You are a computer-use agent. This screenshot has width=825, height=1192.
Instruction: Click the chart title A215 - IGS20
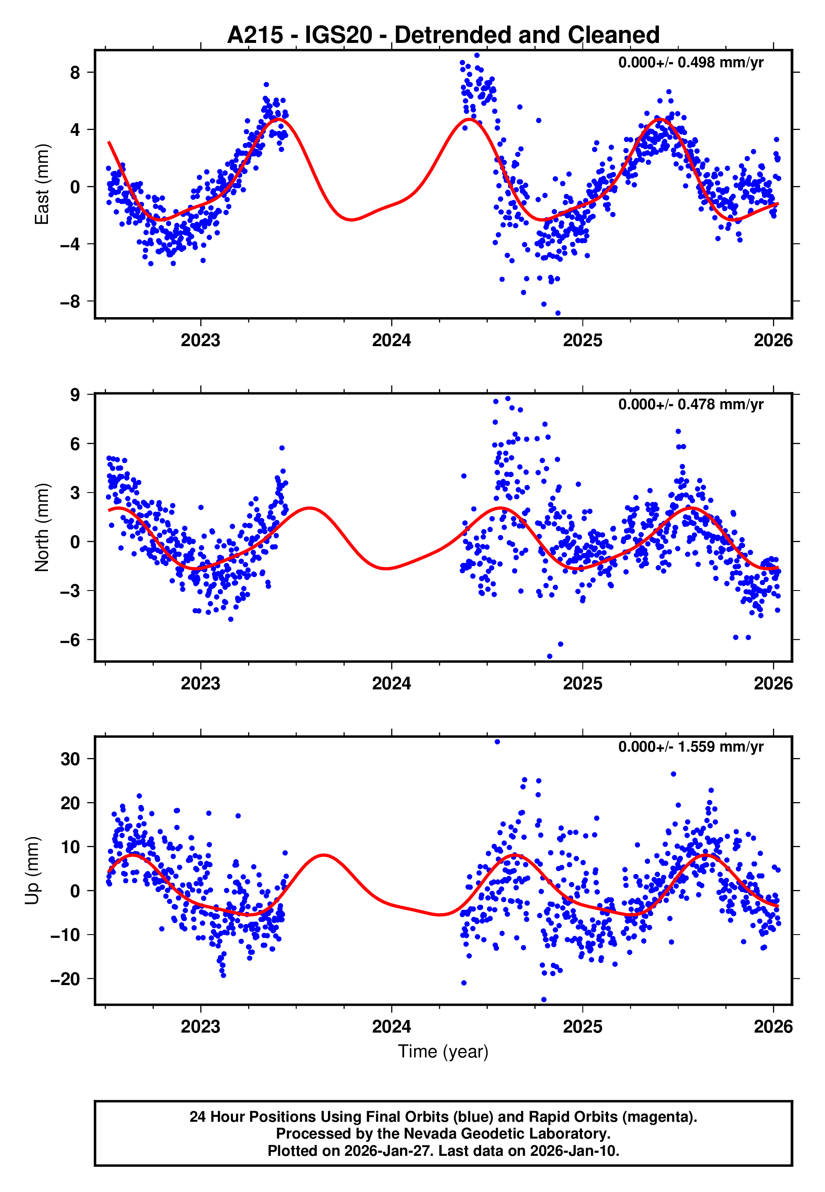443,35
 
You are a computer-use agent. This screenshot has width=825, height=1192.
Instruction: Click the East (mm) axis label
41,185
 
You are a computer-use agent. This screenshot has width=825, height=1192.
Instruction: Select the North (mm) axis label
41,527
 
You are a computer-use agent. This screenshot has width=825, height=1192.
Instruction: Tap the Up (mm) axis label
32,871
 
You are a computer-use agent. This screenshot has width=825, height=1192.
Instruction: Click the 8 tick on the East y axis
75,72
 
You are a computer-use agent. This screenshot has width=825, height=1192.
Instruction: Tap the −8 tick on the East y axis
70,301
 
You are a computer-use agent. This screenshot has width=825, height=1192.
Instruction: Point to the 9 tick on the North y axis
75,395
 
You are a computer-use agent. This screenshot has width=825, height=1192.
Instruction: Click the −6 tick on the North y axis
70,640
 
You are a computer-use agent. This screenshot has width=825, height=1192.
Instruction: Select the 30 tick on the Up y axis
70,759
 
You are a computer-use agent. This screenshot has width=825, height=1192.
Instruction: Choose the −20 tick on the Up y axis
65,978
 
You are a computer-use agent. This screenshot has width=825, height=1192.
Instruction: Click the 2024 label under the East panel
391,340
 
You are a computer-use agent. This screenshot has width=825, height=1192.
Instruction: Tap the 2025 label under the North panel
582,683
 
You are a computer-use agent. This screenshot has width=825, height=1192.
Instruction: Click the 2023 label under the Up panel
201,1026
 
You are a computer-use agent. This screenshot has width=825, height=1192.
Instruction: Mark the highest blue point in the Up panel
497,742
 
